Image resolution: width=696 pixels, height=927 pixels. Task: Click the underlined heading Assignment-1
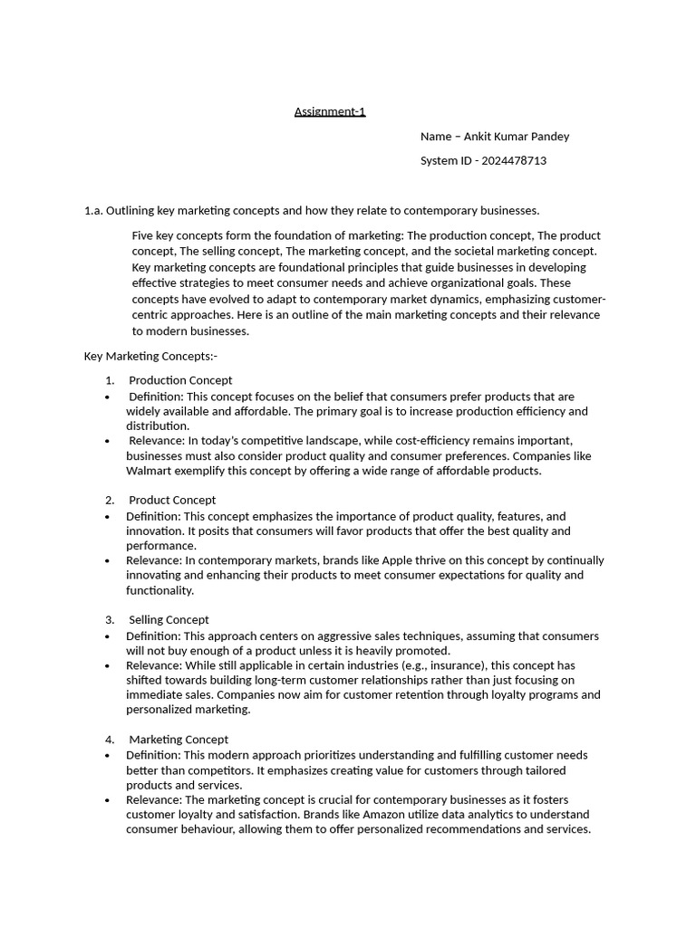330,111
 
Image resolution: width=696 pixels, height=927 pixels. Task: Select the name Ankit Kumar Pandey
517,137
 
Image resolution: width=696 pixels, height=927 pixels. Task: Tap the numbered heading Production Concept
180,380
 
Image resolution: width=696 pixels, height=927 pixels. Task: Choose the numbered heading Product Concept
172,500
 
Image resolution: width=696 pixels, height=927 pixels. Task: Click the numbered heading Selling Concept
169,619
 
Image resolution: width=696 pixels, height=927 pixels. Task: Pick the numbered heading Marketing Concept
179,739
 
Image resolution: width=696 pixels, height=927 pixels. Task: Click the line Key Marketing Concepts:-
150,356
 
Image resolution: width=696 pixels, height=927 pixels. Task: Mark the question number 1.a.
92,211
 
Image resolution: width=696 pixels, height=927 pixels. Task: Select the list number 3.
110,619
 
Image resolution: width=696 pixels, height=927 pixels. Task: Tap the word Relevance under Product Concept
154,560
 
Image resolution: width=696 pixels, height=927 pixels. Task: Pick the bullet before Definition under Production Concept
108,397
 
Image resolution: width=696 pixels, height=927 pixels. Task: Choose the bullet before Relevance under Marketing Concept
108,799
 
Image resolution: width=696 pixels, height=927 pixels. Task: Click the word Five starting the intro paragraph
144,236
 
